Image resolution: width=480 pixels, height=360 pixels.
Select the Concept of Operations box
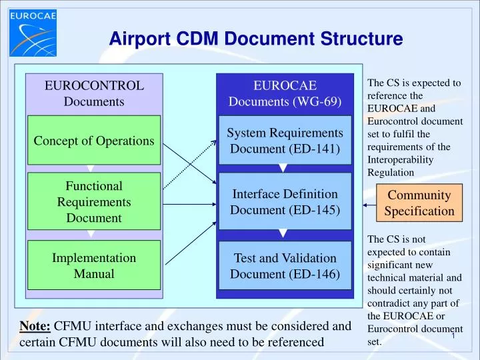[x=94, y=141]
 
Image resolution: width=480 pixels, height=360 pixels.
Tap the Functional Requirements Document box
[x=94, y=201]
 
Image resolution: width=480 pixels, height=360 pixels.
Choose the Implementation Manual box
[x=94, y=265]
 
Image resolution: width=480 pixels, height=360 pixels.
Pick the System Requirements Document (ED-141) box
[x=285, y=141]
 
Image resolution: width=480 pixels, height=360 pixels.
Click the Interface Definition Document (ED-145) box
[x=285, y=201]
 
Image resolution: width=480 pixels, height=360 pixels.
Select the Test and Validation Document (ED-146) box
[x=285, y=266]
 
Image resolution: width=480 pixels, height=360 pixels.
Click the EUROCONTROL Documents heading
[x=94, y=93]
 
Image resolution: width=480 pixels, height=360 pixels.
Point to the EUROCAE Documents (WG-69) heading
[x=285, y=93]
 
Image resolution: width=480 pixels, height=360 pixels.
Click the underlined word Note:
[x=35, y=326]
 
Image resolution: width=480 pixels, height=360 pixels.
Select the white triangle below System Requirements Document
[x=283, y=168]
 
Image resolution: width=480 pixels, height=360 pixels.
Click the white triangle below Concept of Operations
[x=91, y=169]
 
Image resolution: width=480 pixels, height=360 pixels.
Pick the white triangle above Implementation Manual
[x=91, y=234]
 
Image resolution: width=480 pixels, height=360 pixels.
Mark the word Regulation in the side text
[x=391, y=173]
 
